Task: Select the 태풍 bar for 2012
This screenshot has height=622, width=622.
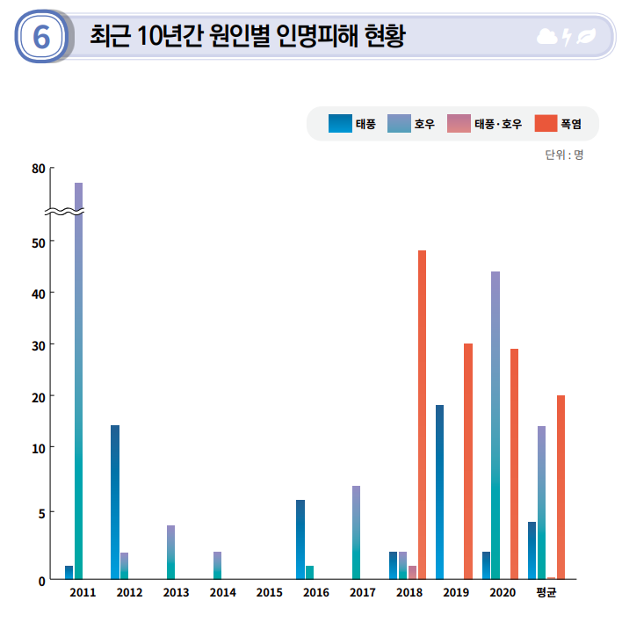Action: point(115,502)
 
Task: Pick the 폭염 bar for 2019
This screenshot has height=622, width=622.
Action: point(468,461)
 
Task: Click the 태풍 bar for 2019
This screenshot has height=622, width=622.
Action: point(439,492)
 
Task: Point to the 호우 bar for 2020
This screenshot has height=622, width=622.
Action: point(495,425)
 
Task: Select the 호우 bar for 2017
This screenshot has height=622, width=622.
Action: point(356,532)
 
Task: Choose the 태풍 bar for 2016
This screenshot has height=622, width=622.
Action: point(300,539)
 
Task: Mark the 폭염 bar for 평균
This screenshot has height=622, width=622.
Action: point(561,488)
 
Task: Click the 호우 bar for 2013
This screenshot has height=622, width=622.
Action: point(170,552)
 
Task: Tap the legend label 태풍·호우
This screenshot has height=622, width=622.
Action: point(498,124)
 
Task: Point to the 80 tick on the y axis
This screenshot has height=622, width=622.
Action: point(38,169)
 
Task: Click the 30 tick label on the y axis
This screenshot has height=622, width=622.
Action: point(38,344)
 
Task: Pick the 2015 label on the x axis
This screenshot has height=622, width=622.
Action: point(270,593)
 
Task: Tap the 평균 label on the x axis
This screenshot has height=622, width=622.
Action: point(546,593)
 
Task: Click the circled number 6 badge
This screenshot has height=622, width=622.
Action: point(40,37)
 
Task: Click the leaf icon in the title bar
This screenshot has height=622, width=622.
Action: point(585,37)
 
